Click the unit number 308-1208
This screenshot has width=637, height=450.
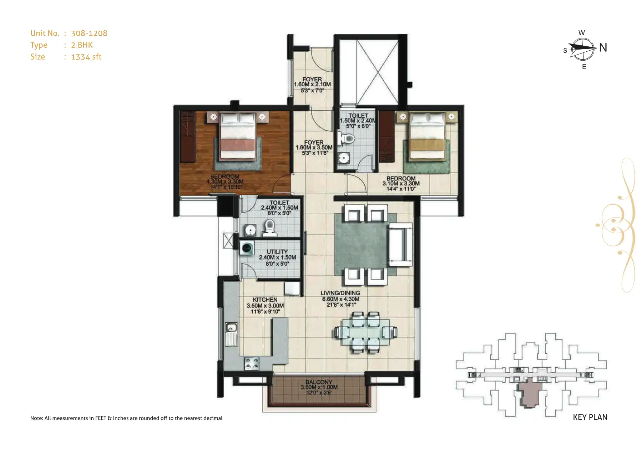click(x=89, y=33)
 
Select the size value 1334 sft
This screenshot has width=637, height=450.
click(x=86, y=57)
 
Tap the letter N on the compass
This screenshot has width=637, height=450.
click(x=603, y=47)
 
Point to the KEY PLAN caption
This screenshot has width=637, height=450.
click(x=590, y=417)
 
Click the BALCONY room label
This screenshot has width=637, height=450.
click(x=319, y=382)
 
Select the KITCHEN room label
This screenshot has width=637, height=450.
click(x=265, y=300)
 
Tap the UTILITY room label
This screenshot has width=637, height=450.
click(x=277, y=252)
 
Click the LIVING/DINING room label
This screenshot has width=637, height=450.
click(x=340, y=293)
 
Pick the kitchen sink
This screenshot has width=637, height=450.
click(x=231, y=327)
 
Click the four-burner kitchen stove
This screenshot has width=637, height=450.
click(x=252, y=363)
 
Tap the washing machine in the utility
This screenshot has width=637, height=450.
click(x=247, y=248)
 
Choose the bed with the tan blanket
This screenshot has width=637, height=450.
click(x=427, y=136)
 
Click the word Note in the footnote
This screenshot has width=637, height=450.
click(x=36, y=418)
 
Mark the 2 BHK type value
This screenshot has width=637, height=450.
click(x=82, y=45)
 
